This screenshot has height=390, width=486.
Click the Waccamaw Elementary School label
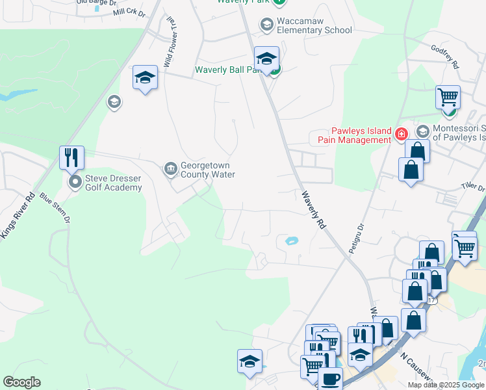(314, 25)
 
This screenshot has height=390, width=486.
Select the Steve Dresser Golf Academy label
(113, 183)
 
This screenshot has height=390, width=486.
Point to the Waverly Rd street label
(313, 208)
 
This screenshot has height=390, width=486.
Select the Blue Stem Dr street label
(54, 208)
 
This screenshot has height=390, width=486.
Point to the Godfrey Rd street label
(445, 57)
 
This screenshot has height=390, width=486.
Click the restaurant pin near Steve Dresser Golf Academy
(71, 157)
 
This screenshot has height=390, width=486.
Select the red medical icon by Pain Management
(401, 135)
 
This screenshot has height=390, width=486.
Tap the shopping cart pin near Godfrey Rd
(448, 97)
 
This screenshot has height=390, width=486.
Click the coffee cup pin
(330, 378)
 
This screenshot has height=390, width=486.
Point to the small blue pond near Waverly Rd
(290, 241)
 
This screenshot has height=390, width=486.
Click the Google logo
(21, 382)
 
